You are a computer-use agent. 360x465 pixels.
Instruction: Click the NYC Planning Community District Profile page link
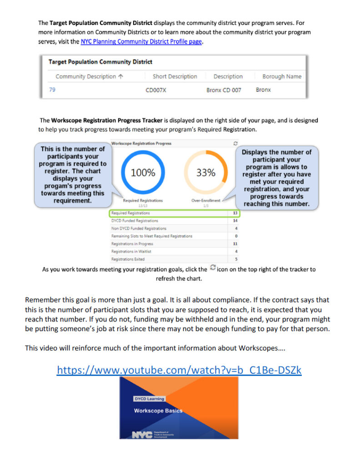pyautogui.click(x=141, y=41)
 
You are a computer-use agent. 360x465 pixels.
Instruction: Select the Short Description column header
pyautogui.click(x=175, y=76)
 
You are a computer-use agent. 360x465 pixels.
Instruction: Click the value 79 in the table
pyautogui.click(x=52, y=90)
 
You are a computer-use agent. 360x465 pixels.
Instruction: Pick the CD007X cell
pyautogui.click(x=156, y=90)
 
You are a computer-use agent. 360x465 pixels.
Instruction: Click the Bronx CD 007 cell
pyautogui.click(x=224, y=90)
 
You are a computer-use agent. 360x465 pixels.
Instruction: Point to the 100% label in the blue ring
pyautogui.click(x=143, y=173)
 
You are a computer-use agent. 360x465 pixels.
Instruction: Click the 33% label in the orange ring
pyautogui.click(x=206, y=173)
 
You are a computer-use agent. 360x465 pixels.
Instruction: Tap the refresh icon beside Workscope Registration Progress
pyautogui.click(x=235, y=143)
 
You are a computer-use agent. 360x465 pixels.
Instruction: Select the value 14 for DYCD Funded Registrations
pyautogui.click(x=235, y=220)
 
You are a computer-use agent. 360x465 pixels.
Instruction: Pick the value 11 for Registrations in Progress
pyautogui.click(x=235, y=243)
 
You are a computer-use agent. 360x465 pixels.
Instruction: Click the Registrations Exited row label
pyautogui.click(x=128, y=259)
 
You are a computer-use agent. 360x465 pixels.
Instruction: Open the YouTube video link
pyautogui.click(x=179, y=370)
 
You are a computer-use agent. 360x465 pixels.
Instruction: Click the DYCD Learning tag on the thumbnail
pyautogui.click(x=150, y=399)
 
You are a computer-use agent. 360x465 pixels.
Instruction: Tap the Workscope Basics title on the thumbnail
pyautogui.click(x=158, y=411)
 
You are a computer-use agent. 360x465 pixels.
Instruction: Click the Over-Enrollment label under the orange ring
pyautogui.click(x=206, y=200)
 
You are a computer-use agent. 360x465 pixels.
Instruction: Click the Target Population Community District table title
pyautogui.click(x=100, y=62)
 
